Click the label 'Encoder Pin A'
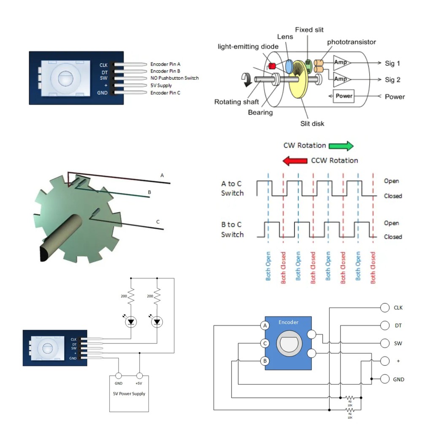pyautogui.click(x=165, y=65)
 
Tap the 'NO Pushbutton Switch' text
pyautogui.click(x=174, y=78)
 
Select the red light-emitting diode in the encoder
pyautogui.click(x=272, y=66)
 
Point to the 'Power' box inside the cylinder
pyautogui.click(x=344, y=96)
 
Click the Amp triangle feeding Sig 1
pyautogui.click(x=341, y=62)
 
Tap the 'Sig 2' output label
pyautogui.click(x=392, y=80)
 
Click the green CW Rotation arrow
pyautogui.click(x=341, y=146)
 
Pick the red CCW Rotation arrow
pyautogui.click(x=295, y=161)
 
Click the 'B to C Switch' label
pyautogui.click(x=232, y=229)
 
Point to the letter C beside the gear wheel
pyautogui.click(x=158, y=222)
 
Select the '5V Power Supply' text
pyautogui.click(x=129, y=394)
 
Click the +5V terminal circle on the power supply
pyautogui.click(x=139, y=375)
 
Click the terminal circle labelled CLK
pyautogui.click(x=385, y=308)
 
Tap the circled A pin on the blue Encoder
pyautogui.click(x=265, y=326)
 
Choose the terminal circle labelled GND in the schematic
pyautogui.click(x=385, y=379)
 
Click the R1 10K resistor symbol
pyautogui.click(x=350, y=397)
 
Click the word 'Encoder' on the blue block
pyautogui.click(x=289, y=322)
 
